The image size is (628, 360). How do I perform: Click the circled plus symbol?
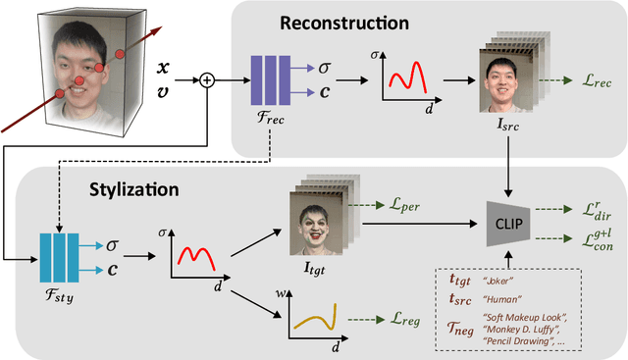[207, 80]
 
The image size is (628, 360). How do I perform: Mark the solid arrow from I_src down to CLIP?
[508, 164]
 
